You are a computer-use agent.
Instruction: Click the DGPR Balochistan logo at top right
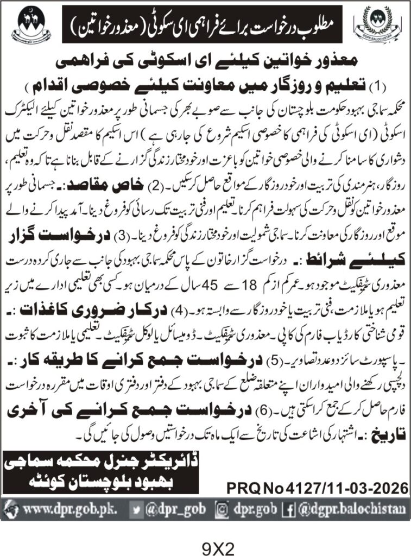tap(380, 25)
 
